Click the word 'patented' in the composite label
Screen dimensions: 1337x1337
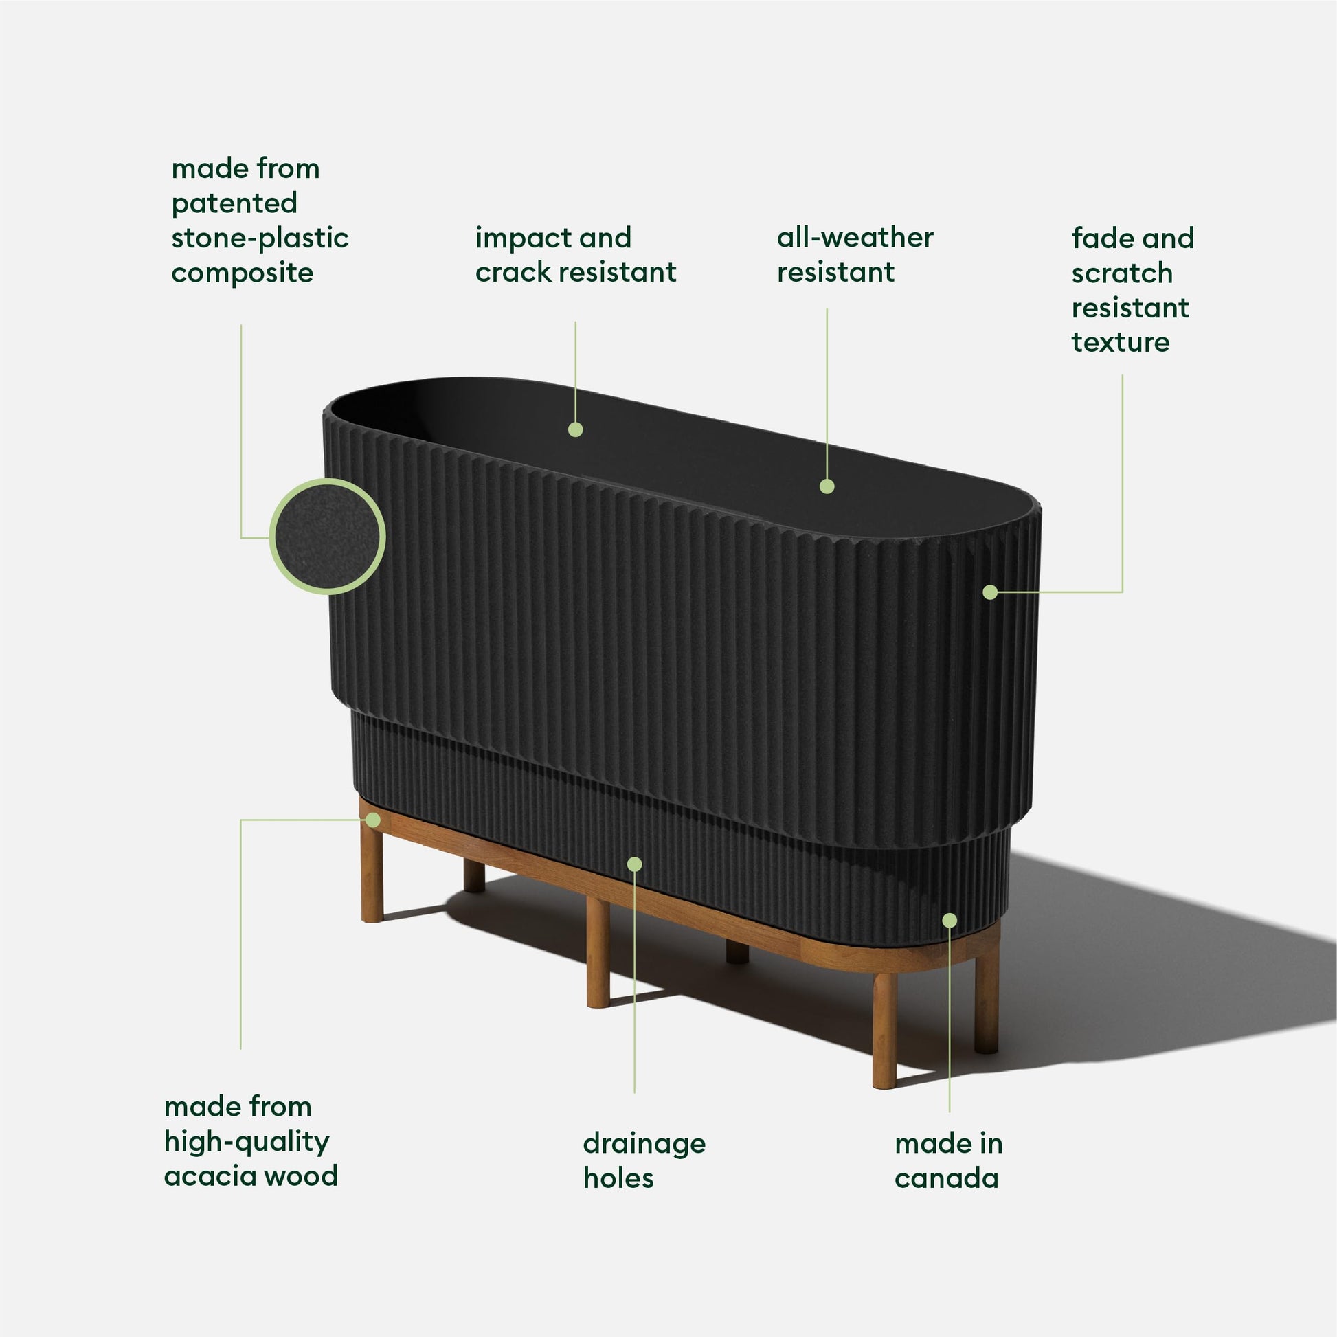[234, 204]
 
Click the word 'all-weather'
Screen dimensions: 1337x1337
[855, 237]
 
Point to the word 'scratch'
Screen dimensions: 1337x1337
[1122, 273]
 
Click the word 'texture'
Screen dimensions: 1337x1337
[1121, 342]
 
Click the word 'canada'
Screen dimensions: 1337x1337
[946, 1178]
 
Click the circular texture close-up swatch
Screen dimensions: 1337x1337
[327, 537]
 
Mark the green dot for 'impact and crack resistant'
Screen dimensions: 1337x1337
[575, 430]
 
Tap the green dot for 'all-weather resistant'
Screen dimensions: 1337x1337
[827, 486]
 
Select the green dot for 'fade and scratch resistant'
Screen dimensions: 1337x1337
[989, 592]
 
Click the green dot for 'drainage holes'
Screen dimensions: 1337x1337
[635, 864]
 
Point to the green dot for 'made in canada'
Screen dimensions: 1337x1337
[950, 921]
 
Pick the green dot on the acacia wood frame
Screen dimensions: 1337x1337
[373, 820]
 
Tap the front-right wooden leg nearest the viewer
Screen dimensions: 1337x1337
[884, 1031]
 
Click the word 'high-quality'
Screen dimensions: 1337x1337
[247, 1143]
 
